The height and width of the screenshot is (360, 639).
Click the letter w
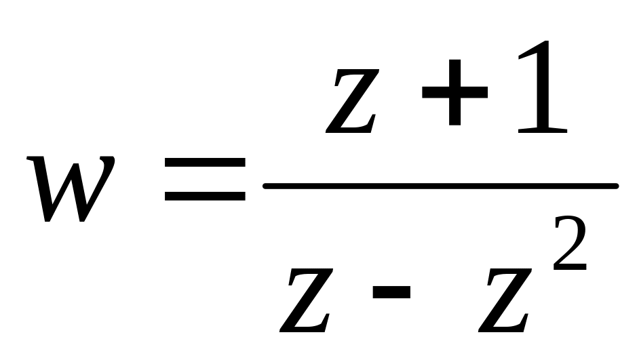pos(71,189)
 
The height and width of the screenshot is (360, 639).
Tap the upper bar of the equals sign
pos(205,163)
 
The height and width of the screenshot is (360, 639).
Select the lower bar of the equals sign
pos(205,197)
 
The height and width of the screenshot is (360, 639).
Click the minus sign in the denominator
pos(391,292)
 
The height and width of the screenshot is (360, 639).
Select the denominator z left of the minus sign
pos(309,298)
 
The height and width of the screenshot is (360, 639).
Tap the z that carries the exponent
pos(503,298)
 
